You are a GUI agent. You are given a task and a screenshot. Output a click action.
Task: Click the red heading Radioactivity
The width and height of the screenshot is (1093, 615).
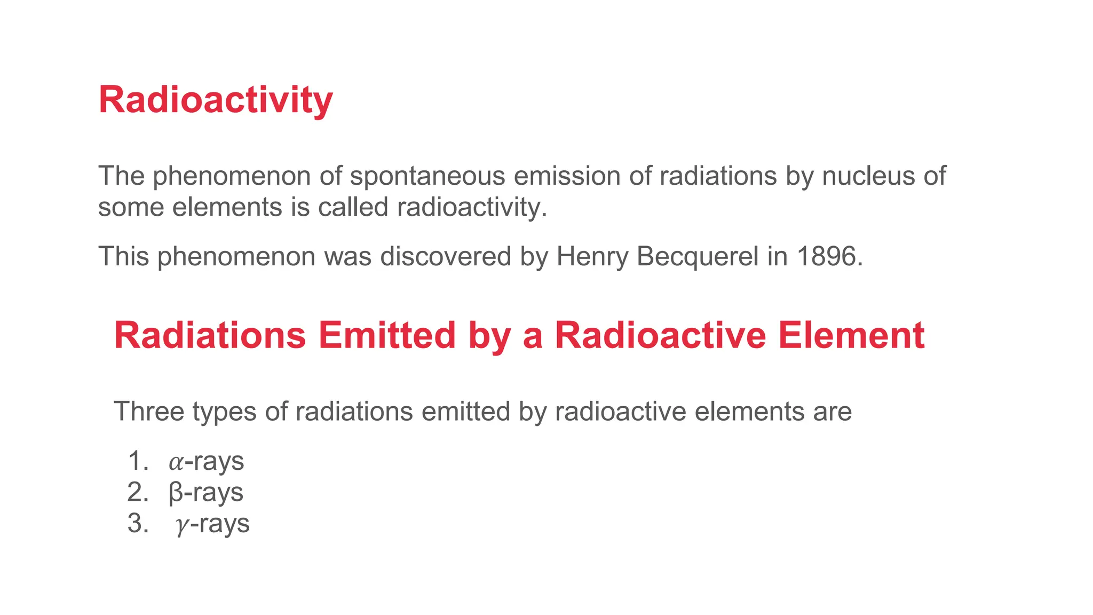pyautogui.click(x=216, y=100)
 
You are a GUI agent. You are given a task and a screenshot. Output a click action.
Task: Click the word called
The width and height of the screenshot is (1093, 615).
pyautogui.click(x=353, y=207)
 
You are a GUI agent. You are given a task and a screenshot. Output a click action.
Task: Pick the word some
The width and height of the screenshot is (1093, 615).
pyautogui.click(x=131, y=207)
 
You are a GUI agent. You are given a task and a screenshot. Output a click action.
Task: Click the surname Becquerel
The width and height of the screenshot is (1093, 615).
pyautogui.click(x=698, y=257)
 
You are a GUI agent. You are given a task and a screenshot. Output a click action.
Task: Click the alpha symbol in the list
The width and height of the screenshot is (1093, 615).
pyautogui.click(x=176, y=462)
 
